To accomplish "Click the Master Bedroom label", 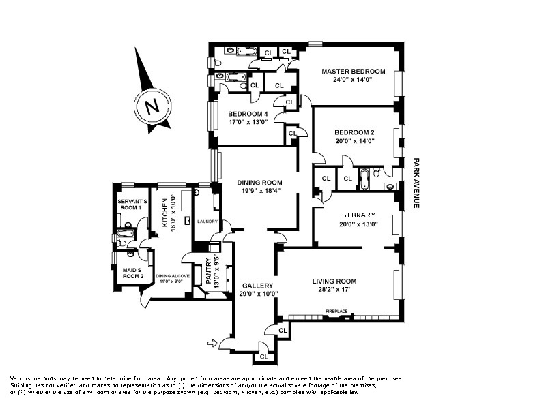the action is pyautogui.click(x=353, y=72).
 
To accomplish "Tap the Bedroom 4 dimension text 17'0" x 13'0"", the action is pyautogui.click(x=248, y=122).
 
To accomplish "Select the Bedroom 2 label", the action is pyautogui.click(x=354, y=132).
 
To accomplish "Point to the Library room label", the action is pyautogui.click(x=358, y=215).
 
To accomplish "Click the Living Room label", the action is pyautogui.click(x=334, y=282).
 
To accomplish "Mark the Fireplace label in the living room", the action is pyautogui.click(x=336, y=312).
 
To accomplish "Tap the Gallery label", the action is pyautogui.click(x=258, y=286).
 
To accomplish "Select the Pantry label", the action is pyautogui.click(x=209, y=271).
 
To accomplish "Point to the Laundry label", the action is pyautogui.click(x=207, y=222).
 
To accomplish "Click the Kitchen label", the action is pyautogui.click(x=165, y=213).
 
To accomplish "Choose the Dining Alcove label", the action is pyautogui.click(x=173, y=276).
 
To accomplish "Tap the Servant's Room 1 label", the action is pyautogui.click(x=132, y=204).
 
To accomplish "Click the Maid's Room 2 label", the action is pyautogui.click(x=132, y=273).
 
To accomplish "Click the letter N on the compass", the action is pyautogui.click(x=152, y=106).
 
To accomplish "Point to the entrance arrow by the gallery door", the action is pyautogui.click(x=212, y=344).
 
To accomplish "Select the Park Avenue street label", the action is pyautogui.click(x=416, y=183).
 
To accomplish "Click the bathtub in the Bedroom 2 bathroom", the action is pyautogui.click(x=364, y=179).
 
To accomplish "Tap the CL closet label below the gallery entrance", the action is pyautogui.click(x=264, y=357).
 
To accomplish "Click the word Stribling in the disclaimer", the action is pyautogui.click(x=22, y=385).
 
